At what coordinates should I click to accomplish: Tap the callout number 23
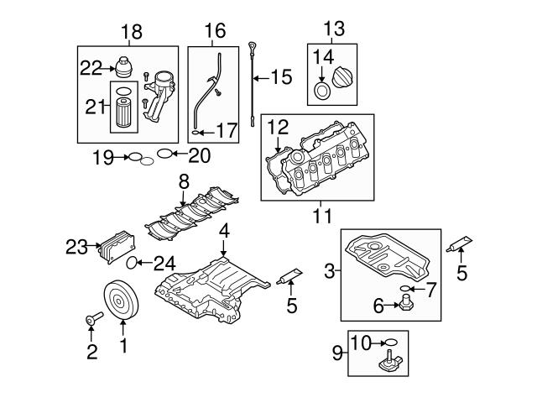click(77, 246)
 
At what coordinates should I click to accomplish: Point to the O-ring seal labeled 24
click(131, 264)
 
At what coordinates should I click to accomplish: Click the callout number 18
click(131, 33)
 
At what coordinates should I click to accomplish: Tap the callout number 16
click(215, 32)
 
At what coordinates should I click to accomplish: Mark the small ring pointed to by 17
click(196, 132)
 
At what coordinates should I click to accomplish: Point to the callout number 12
click(278, 127)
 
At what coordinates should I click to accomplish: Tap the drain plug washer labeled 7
click(408, 288)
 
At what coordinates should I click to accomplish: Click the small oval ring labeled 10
click(390, 343)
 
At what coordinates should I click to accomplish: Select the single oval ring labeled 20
click(166, 154)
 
